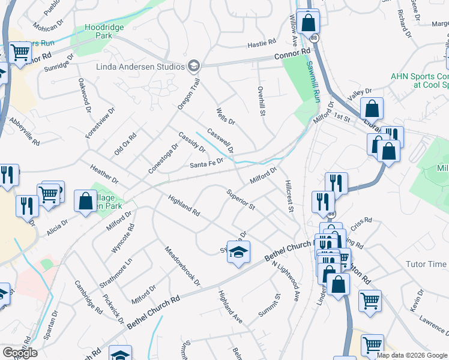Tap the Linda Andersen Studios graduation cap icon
pos(193,65)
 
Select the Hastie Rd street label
pos(261,43)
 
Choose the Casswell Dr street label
pos(220,140)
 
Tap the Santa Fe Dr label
pos(206,164)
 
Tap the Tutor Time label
pos(426,264)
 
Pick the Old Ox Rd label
pos(125,145)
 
